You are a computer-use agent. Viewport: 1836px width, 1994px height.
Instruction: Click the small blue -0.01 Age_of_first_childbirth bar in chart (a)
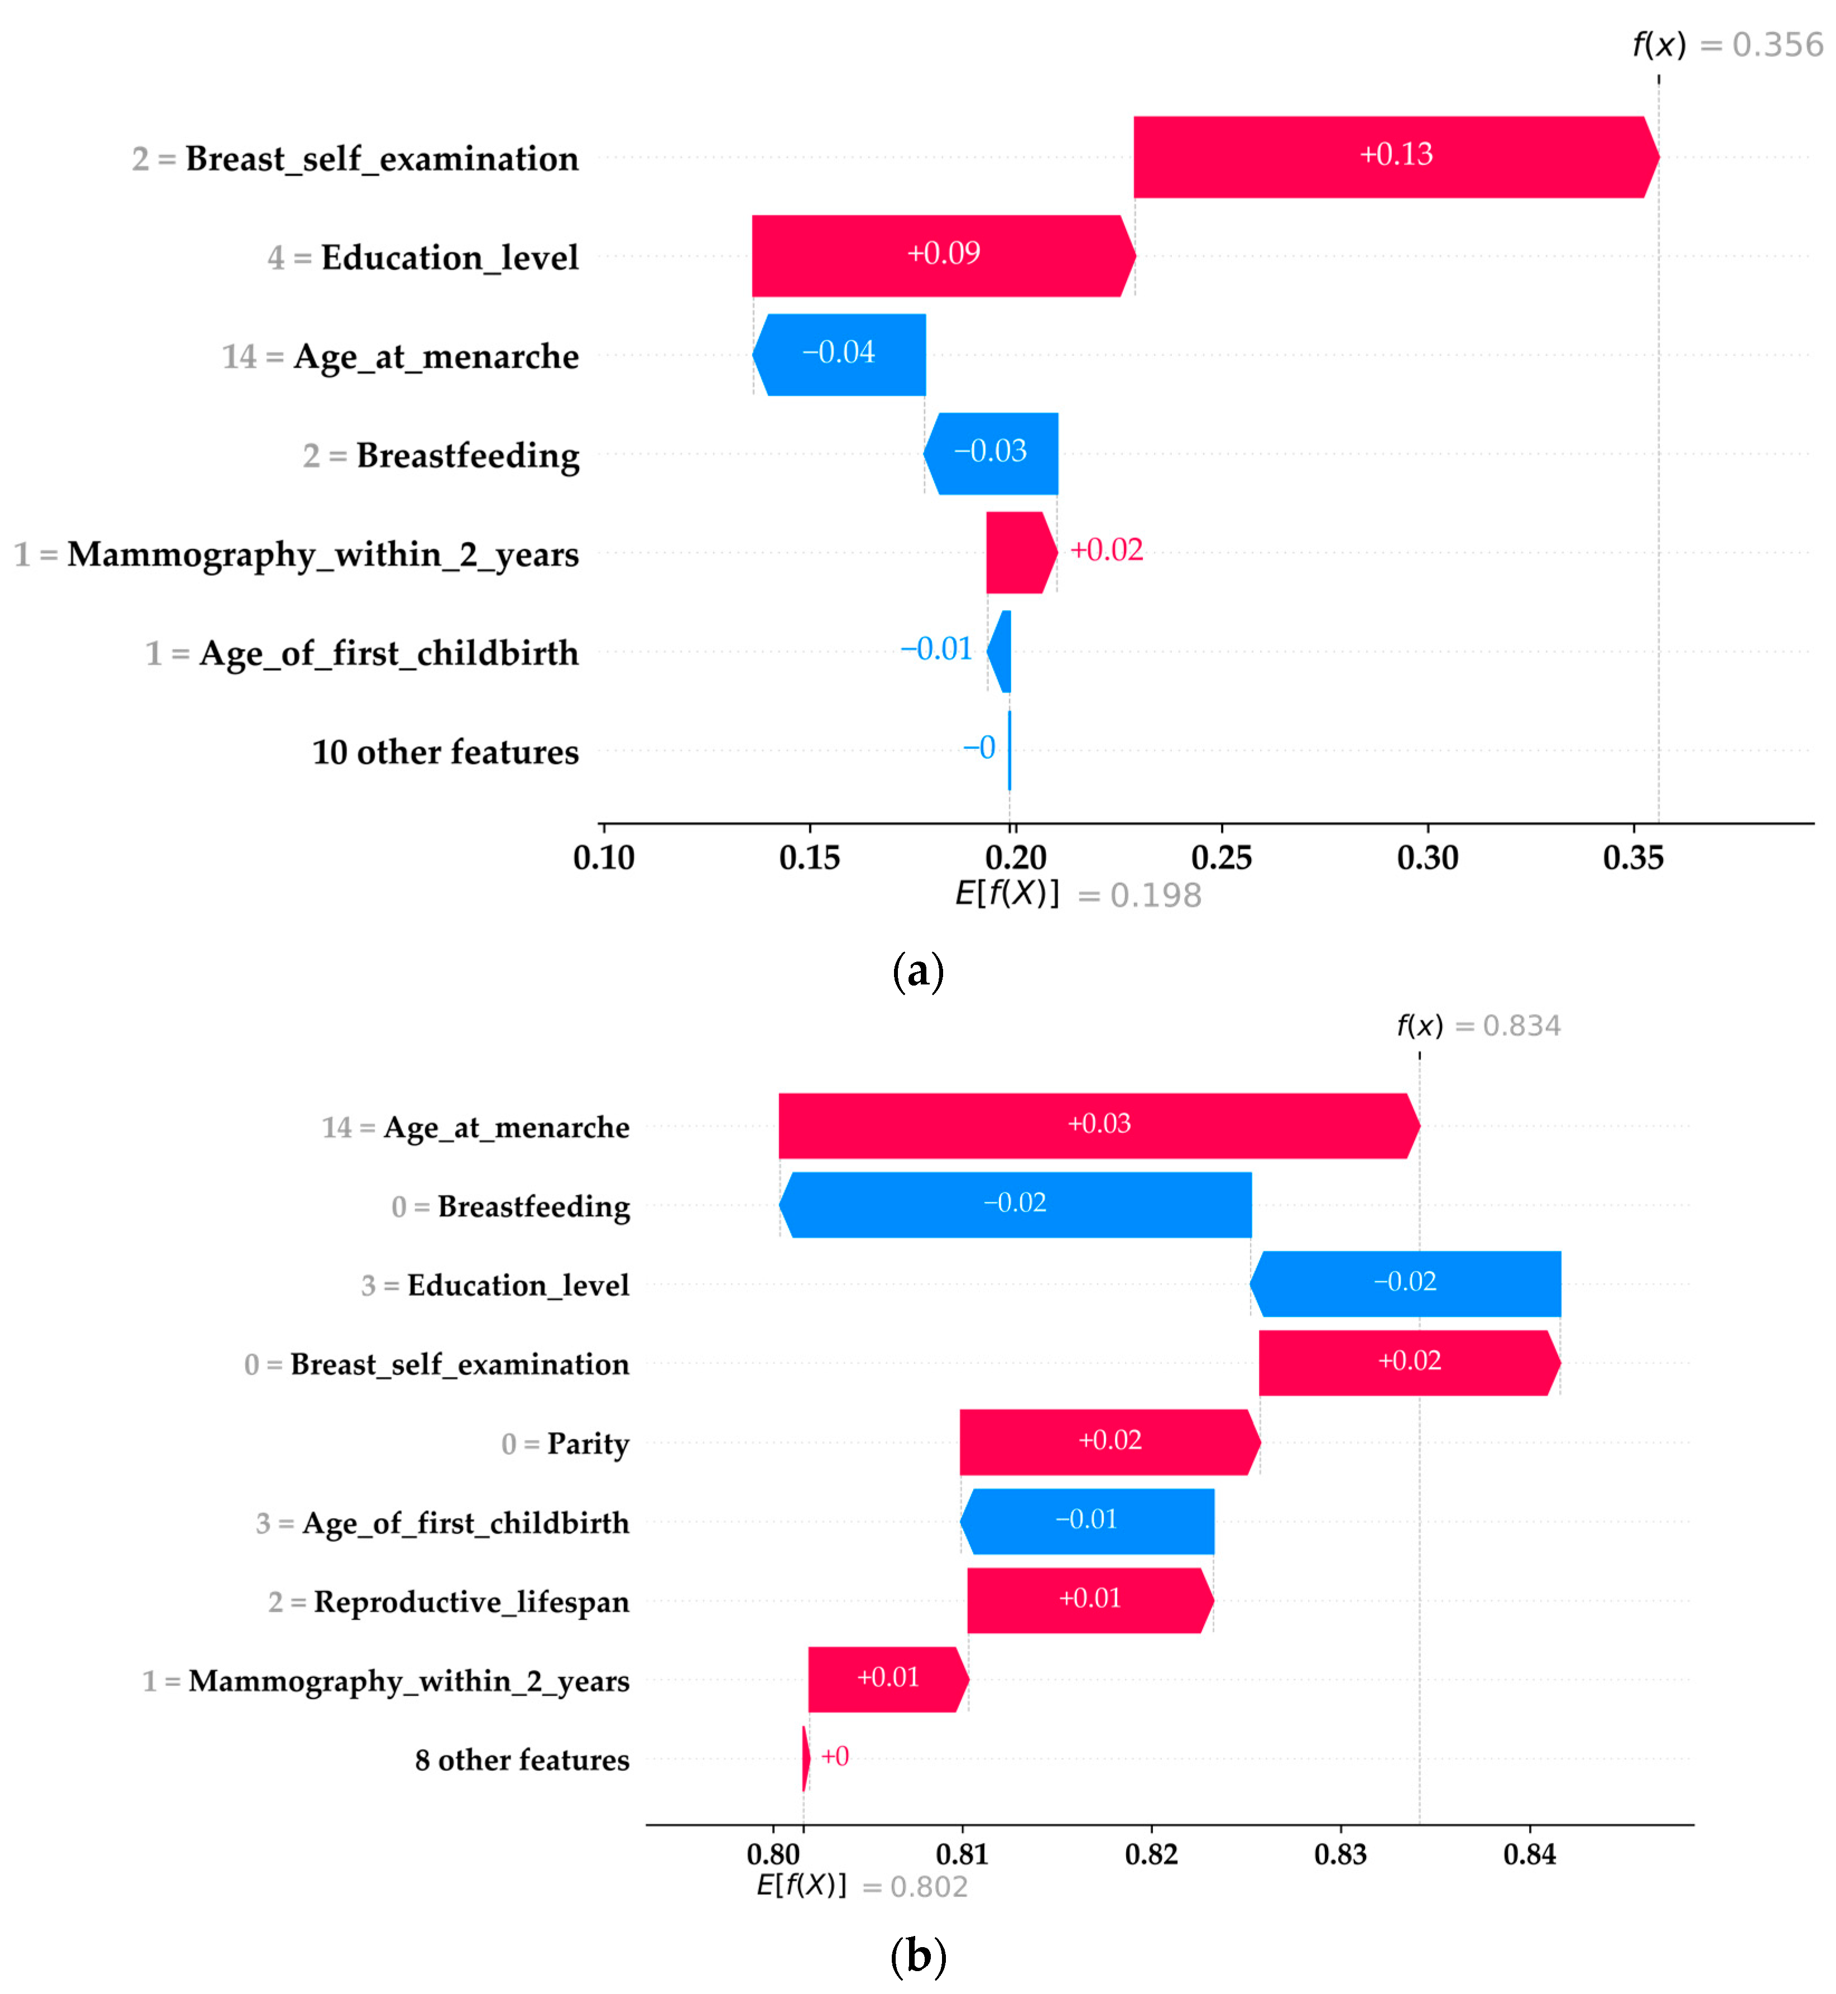coord(1001,652)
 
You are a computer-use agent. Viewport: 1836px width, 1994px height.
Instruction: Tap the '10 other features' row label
coord(445,752)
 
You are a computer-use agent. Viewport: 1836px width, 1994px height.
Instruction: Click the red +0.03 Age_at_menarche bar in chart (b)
coord(1098,1126)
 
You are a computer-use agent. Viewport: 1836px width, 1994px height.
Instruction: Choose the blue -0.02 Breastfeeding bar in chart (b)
coord(1015,1204)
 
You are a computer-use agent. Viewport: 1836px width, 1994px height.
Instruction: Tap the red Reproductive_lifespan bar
coord(1090,1599)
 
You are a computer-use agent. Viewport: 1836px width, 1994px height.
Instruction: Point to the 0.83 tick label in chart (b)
coord(1340,1854)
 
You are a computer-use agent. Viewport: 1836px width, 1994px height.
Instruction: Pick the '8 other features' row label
coord(522,1760)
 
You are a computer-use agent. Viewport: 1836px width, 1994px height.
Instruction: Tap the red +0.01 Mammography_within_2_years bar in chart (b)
coord(887,1679)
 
